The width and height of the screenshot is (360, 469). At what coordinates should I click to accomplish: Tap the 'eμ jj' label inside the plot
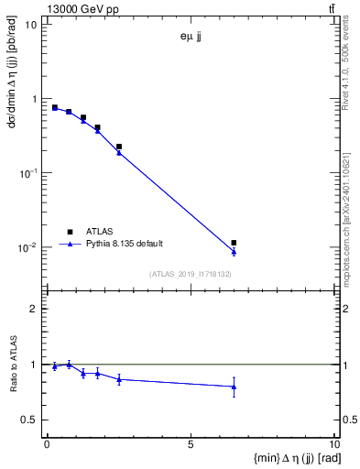click(191, 38)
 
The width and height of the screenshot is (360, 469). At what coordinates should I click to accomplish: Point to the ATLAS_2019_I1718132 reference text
click(191, 274)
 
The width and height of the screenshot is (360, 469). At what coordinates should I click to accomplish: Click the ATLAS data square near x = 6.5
click(235, 243)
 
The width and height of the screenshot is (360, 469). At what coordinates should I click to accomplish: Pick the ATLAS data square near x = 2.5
click(119, 147)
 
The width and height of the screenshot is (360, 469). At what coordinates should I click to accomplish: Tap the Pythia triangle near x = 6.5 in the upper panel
click(235, 251)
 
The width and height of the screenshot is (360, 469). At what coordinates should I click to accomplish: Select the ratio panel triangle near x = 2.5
click(119, 379)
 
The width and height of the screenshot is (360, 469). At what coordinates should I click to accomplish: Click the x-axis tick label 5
click(191, 444)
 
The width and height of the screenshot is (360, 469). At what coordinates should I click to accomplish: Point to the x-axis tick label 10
click(333, 444)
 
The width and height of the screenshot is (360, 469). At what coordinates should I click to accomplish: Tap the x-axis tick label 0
click(47, 444)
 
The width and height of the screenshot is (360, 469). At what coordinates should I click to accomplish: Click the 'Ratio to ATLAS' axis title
click(13, 365)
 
